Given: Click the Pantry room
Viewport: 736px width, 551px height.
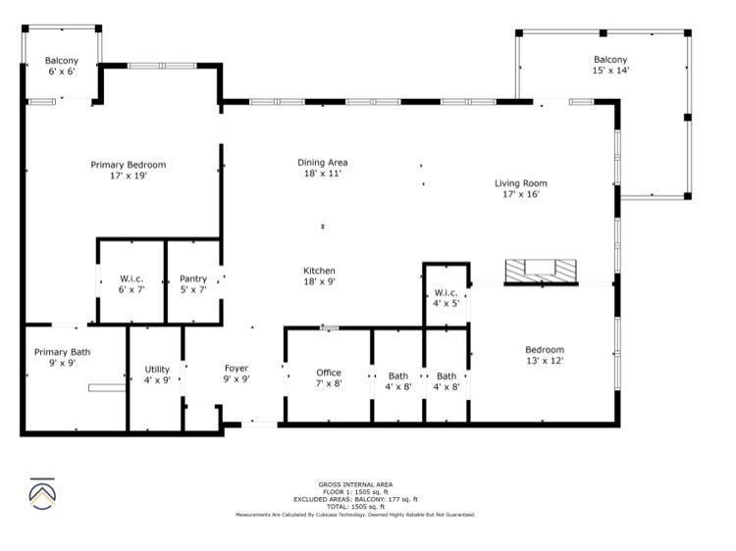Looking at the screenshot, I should tap(193, 284).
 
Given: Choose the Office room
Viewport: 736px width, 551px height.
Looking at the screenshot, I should tap(329, 378).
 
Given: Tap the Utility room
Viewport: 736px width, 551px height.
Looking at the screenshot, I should tap(157, 375).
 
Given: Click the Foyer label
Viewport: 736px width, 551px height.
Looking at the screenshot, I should tap(237, 374).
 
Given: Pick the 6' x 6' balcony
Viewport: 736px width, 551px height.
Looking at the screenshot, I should tap(61, 66).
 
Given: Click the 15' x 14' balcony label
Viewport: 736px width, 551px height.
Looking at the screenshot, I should tap(610, 65).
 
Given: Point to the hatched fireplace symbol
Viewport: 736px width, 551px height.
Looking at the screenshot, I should tap(541, 272).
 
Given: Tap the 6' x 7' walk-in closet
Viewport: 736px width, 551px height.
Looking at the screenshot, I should tap(131, 284).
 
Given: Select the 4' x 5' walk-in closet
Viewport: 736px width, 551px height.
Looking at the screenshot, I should tap(446, 298).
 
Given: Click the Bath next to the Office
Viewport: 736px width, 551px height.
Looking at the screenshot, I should tap(397, 381).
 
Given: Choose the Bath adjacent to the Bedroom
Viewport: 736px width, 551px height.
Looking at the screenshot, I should tap(447, 381).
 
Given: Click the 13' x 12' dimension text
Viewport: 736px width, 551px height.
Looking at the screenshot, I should tap(545, 361).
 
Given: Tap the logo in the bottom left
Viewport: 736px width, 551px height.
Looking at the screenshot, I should tap(40, 494).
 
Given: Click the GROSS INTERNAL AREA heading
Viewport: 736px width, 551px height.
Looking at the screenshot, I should tap(355, 484).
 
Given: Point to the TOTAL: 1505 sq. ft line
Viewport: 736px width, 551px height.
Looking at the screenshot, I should tap(355, 506).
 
